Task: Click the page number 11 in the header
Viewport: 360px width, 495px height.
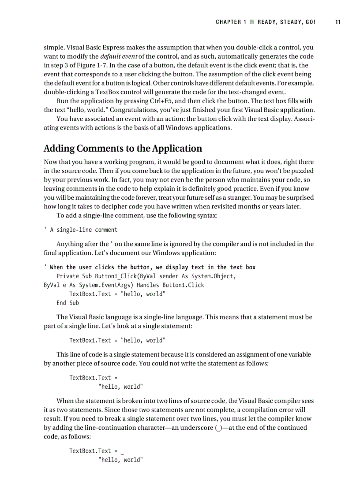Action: coord(338,22)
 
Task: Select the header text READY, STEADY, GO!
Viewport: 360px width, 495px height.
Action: coord(287,22)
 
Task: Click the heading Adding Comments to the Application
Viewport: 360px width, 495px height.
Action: coord(123,148)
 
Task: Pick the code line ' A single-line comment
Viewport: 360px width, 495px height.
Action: coord(81,230)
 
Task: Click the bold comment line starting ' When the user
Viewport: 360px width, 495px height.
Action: coord(150,267)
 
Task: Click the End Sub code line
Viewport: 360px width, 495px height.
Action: coord(67,303)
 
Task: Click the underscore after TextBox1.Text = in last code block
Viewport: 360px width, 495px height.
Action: coord(122,452)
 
